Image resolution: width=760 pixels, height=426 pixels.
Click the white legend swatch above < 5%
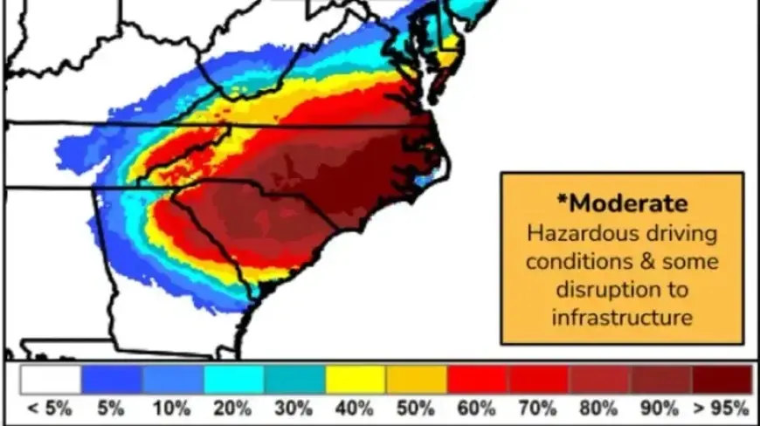coord(51,379)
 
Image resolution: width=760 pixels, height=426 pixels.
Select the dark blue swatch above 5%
coord(112,379)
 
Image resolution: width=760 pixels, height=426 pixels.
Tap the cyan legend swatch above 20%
coord(233,379)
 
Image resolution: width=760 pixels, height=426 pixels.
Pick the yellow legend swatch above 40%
coord(356,379)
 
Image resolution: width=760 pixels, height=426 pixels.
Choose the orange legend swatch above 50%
coord(417,379)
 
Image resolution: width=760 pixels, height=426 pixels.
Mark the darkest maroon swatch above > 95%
coord(722,379)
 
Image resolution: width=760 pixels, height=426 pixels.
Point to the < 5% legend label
coord(51,408)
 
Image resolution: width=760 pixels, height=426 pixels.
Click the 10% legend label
coord(172,408)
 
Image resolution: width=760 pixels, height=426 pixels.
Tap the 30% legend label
coord(294,408)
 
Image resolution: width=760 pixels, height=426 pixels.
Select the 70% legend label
coord(539,408)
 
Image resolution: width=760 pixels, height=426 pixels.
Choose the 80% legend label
coord(600,408)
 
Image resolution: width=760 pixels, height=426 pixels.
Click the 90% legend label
coord(661,408)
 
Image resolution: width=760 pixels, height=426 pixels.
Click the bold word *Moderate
coord(621,203)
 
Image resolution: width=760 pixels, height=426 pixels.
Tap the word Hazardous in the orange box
coord(577,233)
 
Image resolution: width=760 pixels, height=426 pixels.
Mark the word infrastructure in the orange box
coord(621,316)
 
